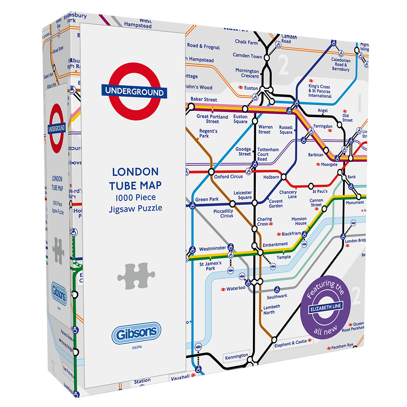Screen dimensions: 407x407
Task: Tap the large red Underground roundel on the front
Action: point(134,92)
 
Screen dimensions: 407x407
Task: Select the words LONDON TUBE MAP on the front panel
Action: point(135,178)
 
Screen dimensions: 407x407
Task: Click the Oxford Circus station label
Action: point(228,177)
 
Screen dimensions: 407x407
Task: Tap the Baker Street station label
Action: point(204,99)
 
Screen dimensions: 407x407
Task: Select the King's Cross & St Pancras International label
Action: point(319,91)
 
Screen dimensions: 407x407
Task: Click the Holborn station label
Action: point(271,177)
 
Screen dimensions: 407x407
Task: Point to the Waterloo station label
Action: point(236,288)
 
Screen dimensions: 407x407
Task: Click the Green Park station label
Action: point(207,199)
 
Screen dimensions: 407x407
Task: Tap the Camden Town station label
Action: point(247,55)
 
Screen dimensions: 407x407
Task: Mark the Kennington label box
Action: point(236,357)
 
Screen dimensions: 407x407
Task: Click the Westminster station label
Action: point(213,248)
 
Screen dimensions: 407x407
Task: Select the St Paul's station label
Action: point(320,191)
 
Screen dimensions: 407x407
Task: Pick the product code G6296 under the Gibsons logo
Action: point(137,347)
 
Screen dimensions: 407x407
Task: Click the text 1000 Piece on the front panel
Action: point(135,197)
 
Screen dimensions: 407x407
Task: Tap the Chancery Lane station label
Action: point(288,194)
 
